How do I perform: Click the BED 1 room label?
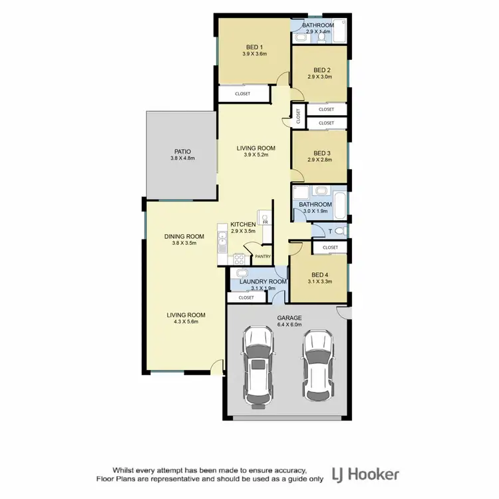coord(253,47)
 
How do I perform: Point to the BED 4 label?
coord(319,275)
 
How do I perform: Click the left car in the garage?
coord(256,366)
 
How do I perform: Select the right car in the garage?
coord(317,363)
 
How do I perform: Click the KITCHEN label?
coord(243,225)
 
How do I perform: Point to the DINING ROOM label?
coord(184,236)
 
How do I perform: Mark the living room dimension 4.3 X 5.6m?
coord(186,322)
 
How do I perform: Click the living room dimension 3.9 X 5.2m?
coord(256,154)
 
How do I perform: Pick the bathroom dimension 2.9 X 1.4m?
coord(319,32)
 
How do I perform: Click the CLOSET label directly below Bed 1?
coord(243,94)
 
